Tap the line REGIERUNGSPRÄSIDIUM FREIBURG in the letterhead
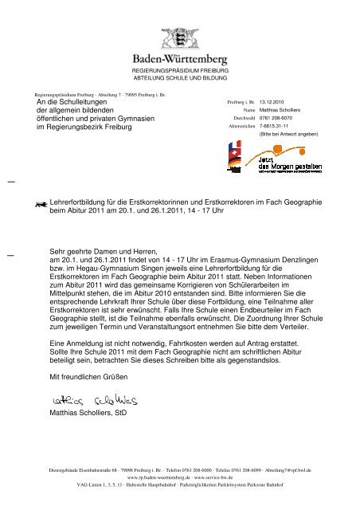click(x=178, y=72)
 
